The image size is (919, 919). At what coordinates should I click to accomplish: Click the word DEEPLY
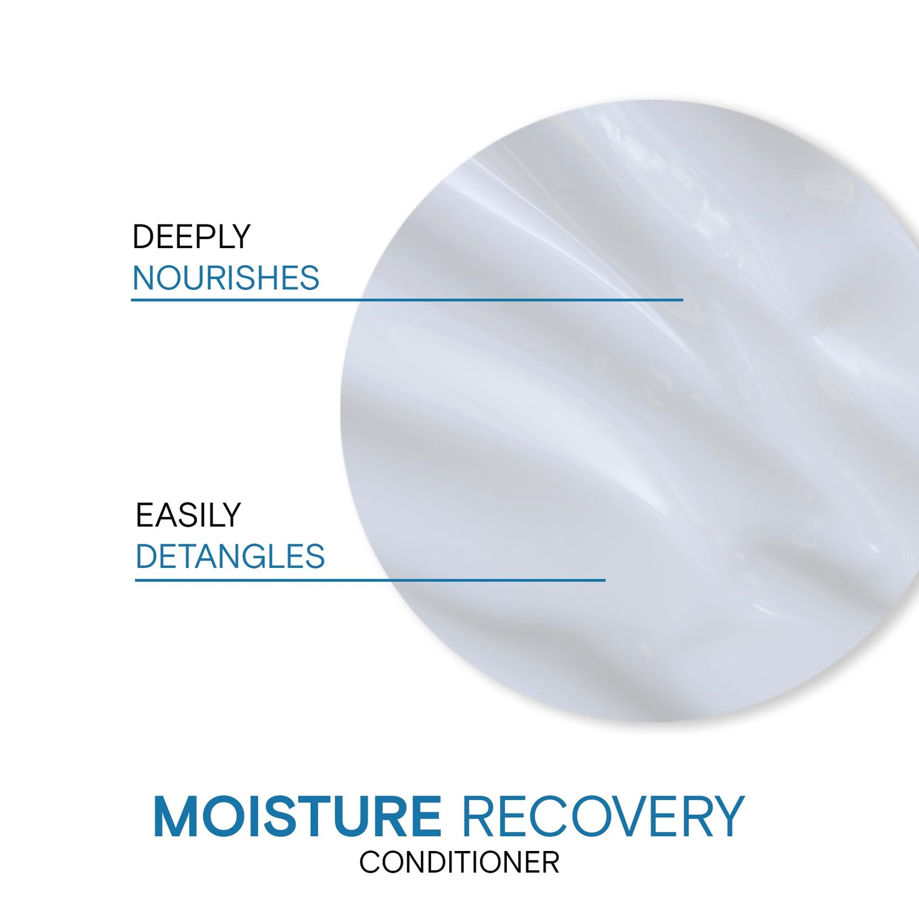[191, 237]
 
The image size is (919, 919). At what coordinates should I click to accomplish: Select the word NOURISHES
[226, 279]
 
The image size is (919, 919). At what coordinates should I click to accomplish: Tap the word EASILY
[188, 515]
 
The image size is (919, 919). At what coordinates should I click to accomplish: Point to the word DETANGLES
[230, 556]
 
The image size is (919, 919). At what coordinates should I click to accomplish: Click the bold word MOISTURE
[297, 816]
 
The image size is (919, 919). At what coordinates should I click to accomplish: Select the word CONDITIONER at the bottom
[459, 863]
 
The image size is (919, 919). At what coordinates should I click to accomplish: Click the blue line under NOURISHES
[407, 300]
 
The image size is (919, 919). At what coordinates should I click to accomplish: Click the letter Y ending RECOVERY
[727, 816]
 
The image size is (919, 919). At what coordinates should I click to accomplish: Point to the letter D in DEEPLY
[142, 237]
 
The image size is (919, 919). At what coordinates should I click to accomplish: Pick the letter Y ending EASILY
[231, 515]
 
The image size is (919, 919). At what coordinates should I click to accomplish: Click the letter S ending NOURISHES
[310, 279]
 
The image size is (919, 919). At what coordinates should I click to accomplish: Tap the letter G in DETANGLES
[258, 556]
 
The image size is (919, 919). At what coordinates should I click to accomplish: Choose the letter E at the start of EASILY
[144, 515]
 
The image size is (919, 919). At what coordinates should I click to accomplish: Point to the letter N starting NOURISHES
[143, 279]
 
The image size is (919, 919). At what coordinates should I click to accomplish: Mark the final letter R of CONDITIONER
[551, 863]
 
